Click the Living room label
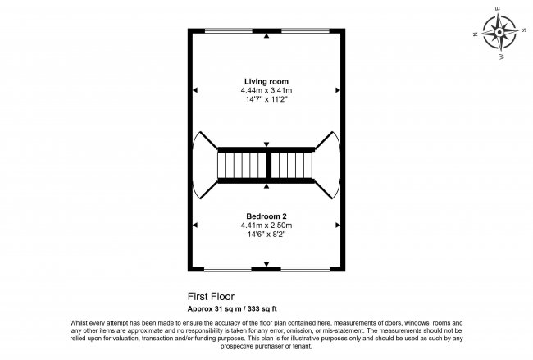point(266,81)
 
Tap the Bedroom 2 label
point(266,216)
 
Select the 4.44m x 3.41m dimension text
point(266,90)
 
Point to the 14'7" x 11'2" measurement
point(266,99)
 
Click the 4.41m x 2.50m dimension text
point(266,225)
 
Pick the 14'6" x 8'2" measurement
point(266,234)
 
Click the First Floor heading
point(211,297)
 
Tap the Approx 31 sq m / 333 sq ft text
point(232,309)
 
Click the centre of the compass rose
point(499,32)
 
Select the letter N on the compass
point(476,34)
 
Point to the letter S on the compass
point(523,30)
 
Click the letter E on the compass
point(499,9)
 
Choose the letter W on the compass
point(501,57)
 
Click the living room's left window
point(229,31)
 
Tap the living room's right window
point(306,31)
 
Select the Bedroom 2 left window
point(228,269)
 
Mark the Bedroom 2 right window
point(306,269)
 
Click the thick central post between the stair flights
point(268,165)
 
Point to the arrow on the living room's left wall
point(195,90)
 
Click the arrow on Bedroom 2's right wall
point(338,225)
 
